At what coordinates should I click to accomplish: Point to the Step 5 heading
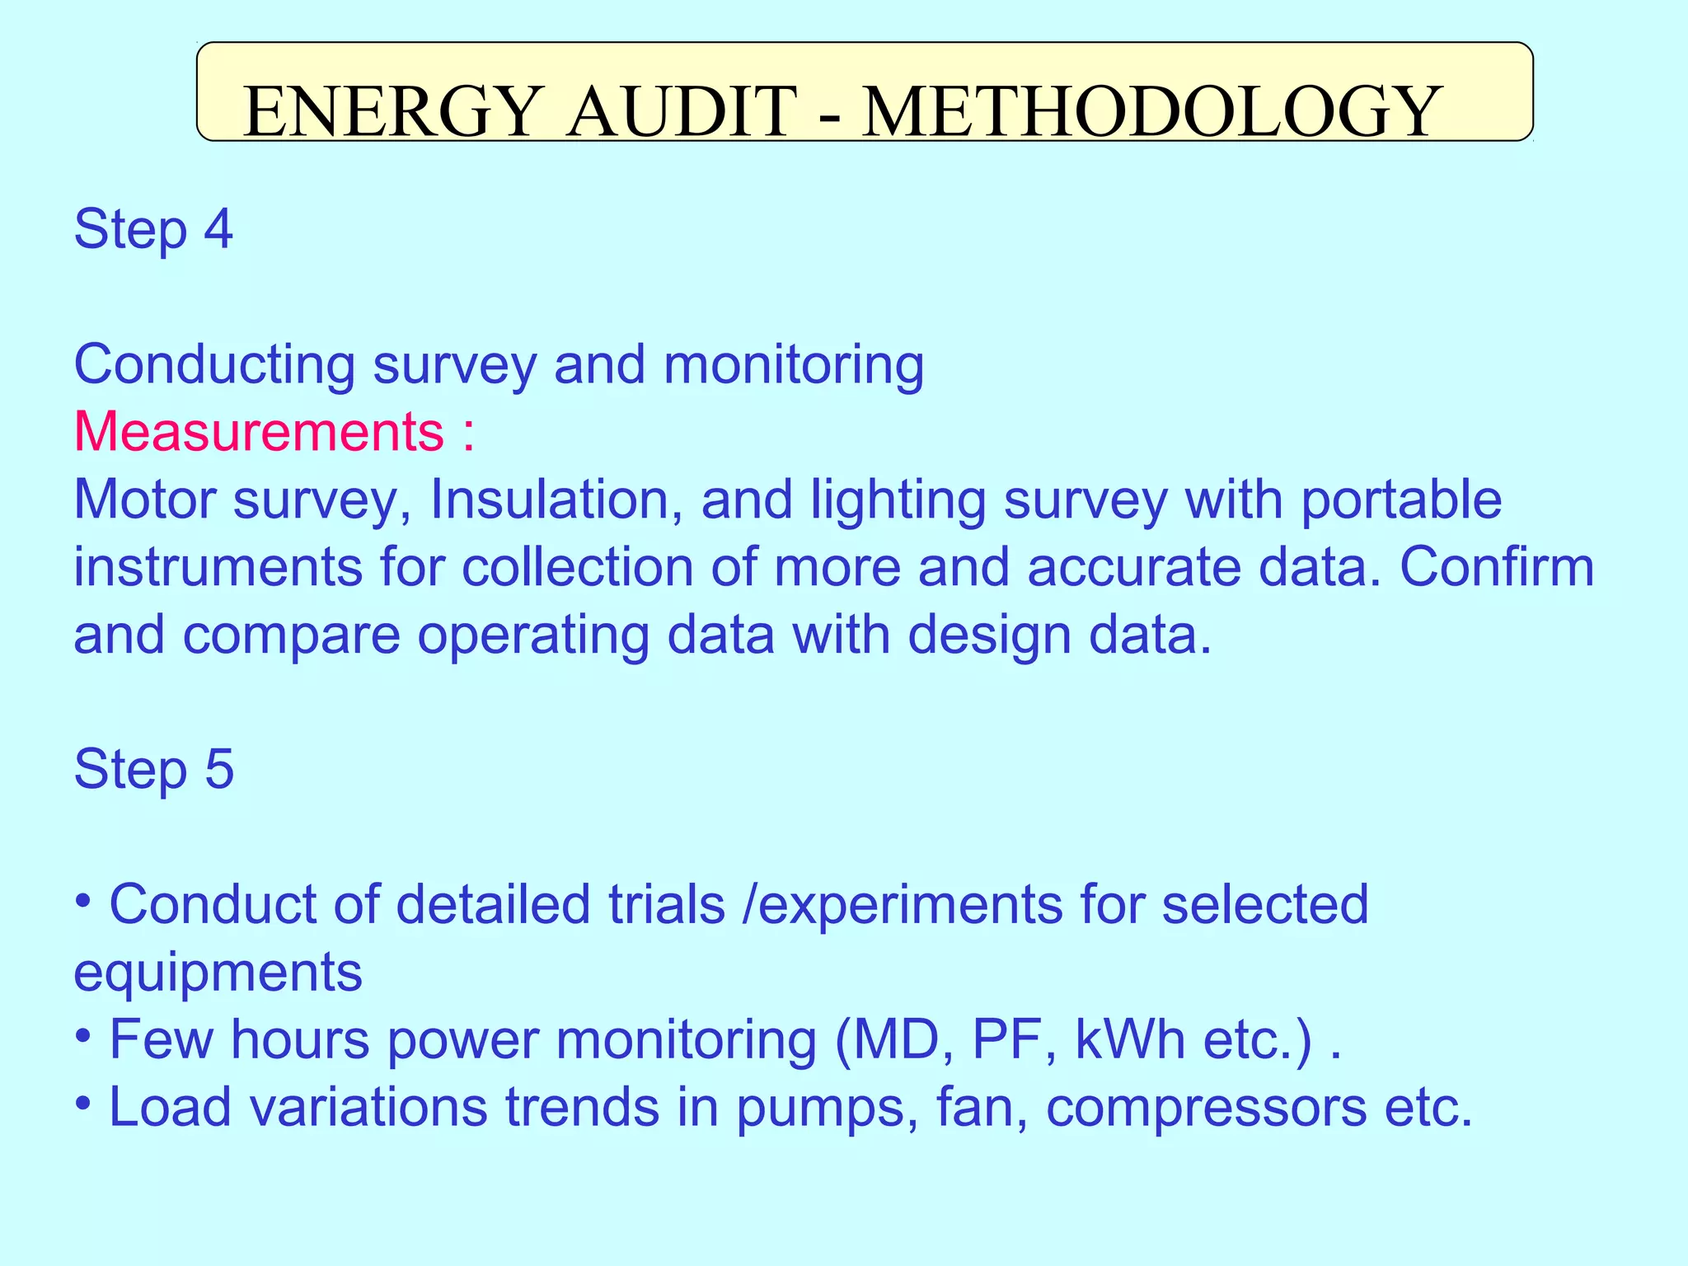[154, 769]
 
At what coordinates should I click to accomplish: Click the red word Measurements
[259, 431]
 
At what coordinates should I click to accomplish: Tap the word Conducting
[214, 364]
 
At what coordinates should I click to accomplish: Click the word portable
[1401, 501]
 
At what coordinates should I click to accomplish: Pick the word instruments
[218, 567]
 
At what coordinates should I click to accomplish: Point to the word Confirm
[1497, 567]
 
